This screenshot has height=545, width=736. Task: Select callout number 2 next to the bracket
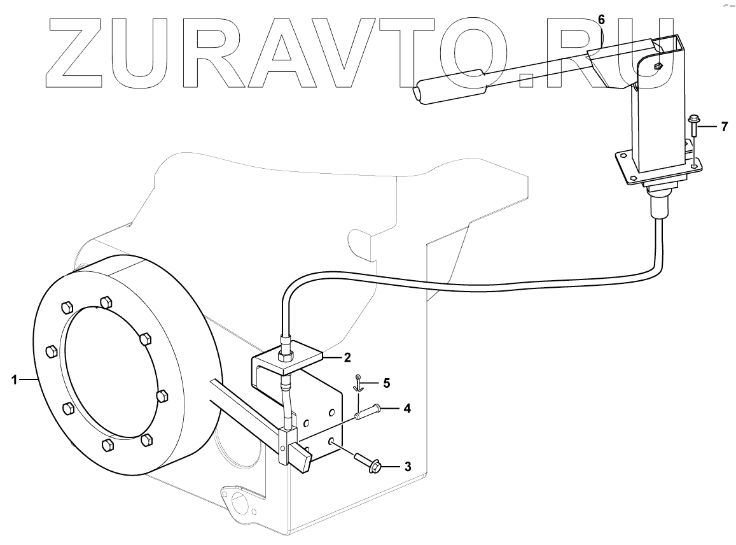click(x=347, y=357)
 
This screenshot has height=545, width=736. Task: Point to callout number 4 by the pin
click(x=406, y=408)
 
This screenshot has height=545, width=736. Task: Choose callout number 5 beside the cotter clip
click(x=386, y=383)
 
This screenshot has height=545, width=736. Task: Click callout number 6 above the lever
click(x=601, y=19)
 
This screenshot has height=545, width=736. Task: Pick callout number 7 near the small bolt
click(x=723, y=127)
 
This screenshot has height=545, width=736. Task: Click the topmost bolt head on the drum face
click(x=106, y=301)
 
